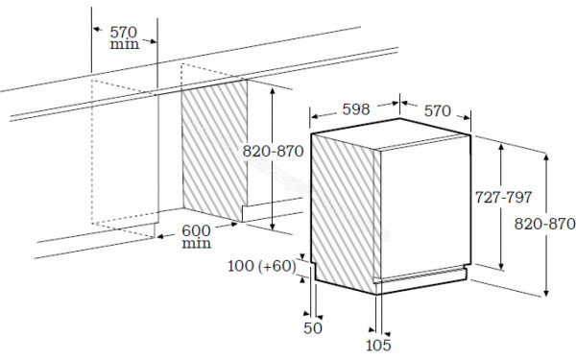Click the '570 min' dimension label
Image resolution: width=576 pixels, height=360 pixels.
pos(124,36)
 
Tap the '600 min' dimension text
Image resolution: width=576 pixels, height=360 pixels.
pos(196,237)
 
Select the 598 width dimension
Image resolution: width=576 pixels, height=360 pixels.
pos(355,109)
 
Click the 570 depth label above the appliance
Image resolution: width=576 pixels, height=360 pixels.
pos(437,109)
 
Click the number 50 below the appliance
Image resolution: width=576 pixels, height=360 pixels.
pos(313,328)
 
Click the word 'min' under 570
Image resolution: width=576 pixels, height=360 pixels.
pos(124,44)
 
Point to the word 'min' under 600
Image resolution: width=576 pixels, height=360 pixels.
pos(196,245)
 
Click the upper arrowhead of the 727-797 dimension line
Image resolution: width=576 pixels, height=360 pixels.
pos(502,140)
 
